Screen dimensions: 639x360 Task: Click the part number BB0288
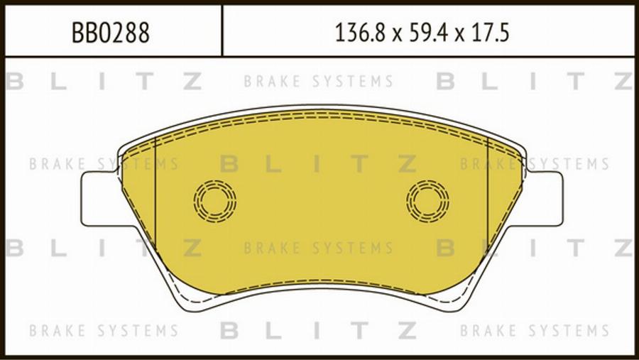[111, 33]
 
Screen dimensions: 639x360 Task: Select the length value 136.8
[360, 33]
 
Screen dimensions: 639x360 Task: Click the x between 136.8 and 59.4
[397, 36]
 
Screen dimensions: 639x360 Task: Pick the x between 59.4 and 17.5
[459, 36]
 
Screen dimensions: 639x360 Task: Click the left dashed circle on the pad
[214, 201]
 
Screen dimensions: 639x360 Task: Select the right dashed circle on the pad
[427, 201]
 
